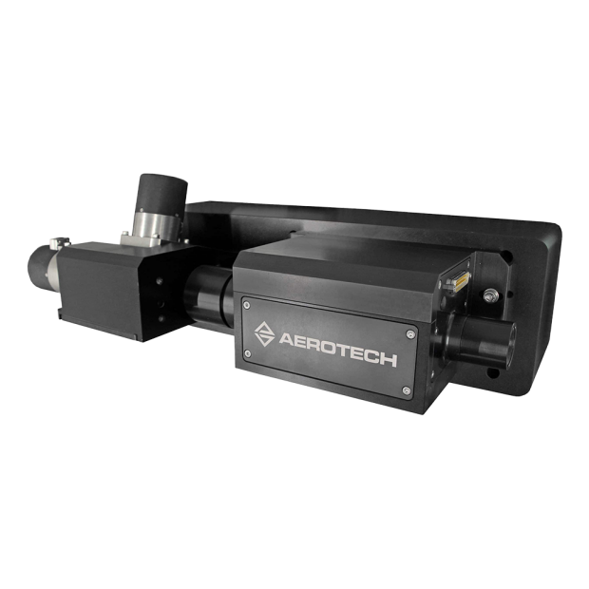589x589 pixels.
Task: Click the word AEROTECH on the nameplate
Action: (337, 349)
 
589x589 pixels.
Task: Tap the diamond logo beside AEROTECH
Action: (264, 333)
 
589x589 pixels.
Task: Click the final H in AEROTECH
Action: (389, 360)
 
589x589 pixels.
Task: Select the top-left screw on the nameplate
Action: (246, 305)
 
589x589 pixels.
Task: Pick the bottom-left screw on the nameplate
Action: (247, 353)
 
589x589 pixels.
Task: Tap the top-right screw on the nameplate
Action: (411, 334)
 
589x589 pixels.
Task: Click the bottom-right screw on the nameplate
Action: (406, 390)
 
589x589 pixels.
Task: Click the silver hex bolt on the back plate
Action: (489, 295)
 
